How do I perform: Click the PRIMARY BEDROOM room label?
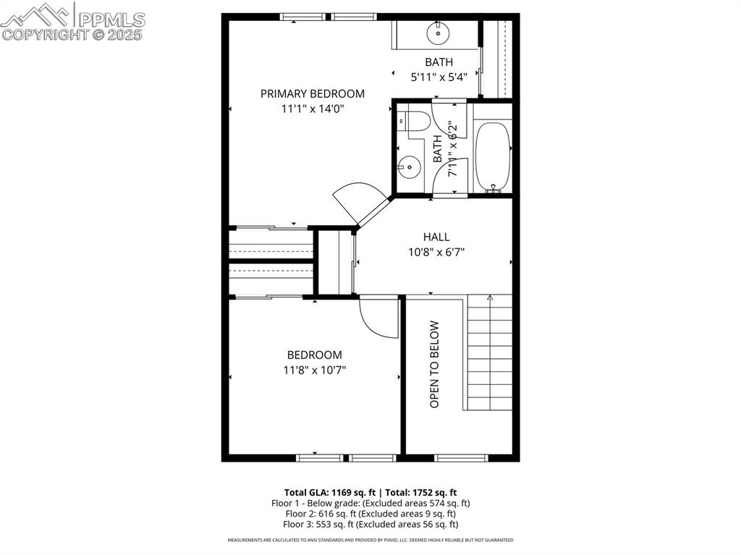coord(312,93)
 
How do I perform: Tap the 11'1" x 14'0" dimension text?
coord(312,109)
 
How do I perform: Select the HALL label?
coord(436,237)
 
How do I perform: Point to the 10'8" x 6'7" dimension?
coord(436,253)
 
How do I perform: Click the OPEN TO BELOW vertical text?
coord(435,364)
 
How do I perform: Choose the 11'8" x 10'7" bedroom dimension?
coord(314,370)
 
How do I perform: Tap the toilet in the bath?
coord(413,122)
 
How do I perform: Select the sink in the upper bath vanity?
coord(439,33)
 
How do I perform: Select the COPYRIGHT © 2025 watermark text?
coord(72,34)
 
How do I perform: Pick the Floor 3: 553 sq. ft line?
coord(370,524)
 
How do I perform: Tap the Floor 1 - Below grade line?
coord(370,502)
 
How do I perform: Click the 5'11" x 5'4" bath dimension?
coord(439,76)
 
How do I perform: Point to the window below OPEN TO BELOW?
coord(461,457)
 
